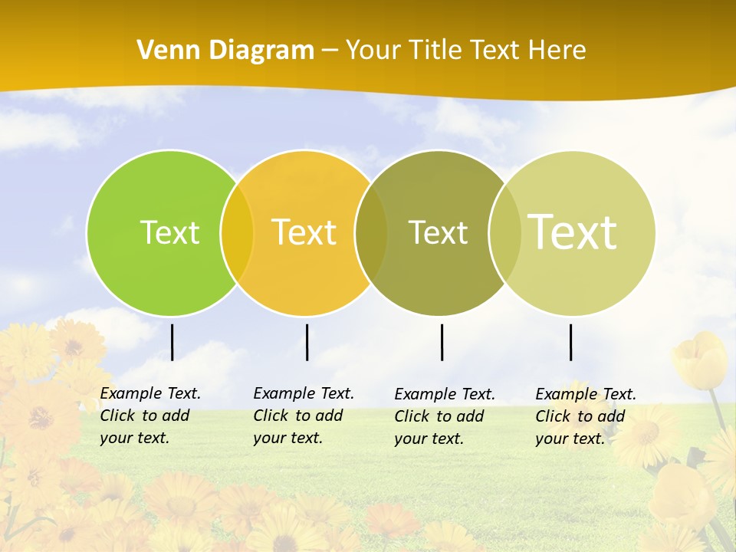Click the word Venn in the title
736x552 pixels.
[x=164, y=51]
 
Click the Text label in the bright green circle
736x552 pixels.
[x=169, y=232]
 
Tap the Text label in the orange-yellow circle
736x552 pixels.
[x=304, y=232]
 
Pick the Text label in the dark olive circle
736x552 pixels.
[x=438, y=232]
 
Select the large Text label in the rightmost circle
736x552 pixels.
[x=572, y=232]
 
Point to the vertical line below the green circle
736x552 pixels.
[x=172, y=342]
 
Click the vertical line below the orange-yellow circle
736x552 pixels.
[x=307, y=342]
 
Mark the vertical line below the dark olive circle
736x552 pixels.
[x=442, y=342]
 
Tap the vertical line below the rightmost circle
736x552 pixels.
[x=570, y=342]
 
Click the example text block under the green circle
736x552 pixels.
[x=149, y=416]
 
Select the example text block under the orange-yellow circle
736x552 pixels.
[x=303, y=416]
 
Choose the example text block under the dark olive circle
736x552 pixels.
[x=444, y=416]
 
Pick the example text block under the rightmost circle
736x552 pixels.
[x=585, y=416]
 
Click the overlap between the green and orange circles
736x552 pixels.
[x=237, y=232]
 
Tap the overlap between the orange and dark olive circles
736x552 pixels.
[x=371, y=232]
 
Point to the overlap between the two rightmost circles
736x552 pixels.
[x=504, y=232]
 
